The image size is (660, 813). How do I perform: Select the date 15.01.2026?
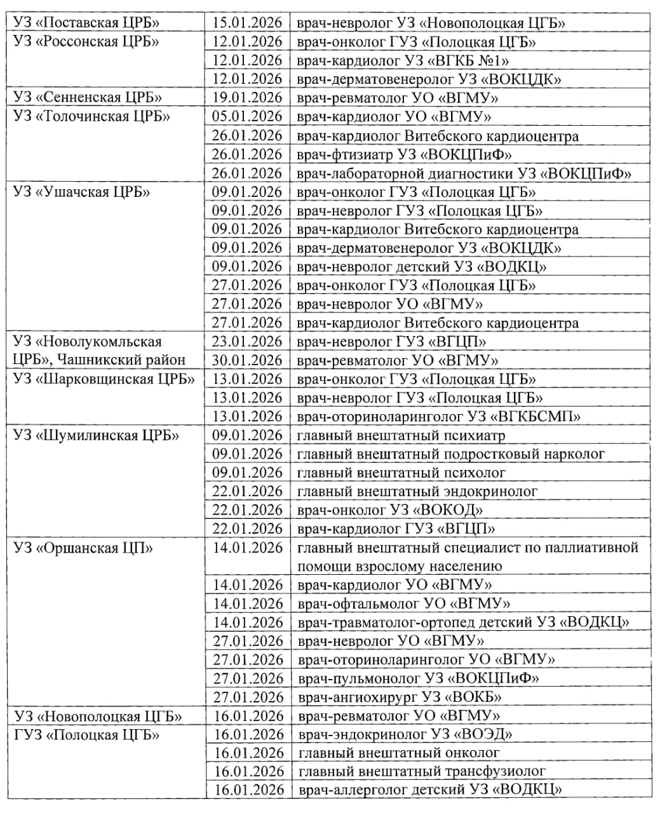pos(247,23)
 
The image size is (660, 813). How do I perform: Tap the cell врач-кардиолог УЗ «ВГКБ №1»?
pos(403,60)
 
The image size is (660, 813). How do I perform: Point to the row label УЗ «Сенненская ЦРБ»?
pos(88,98)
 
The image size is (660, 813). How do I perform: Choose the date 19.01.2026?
pos(247,98)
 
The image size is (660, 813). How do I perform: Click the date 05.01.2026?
pos(247,117)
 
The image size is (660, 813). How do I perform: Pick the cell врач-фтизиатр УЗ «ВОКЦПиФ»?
pos(405,154)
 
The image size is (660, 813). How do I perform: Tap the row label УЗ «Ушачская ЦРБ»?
pos(81,192)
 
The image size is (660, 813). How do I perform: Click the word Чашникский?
pos(93,360)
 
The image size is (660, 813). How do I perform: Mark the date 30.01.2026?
pos(247,360)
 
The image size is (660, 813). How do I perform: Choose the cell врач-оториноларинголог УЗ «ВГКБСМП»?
pos(439,417)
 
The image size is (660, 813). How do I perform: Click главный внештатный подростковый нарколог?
pos(451,454)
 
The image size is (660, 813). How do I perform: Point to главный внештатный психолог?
pos(401,473)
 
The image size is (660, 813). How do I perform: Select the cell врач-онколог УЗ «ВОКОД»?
pos(390,510)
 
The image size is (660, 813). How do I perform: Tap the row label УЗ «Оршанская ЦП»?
pos(83,548)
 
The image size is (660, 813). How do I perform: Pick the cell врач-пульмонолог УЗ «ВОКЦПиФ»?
pos(419,678)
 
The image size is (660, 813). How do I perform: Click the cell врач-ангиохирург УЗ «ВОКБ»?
pos(400,697)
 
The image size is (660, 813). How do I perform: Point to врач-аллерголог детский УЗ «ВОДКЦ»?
pos(430,791)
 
